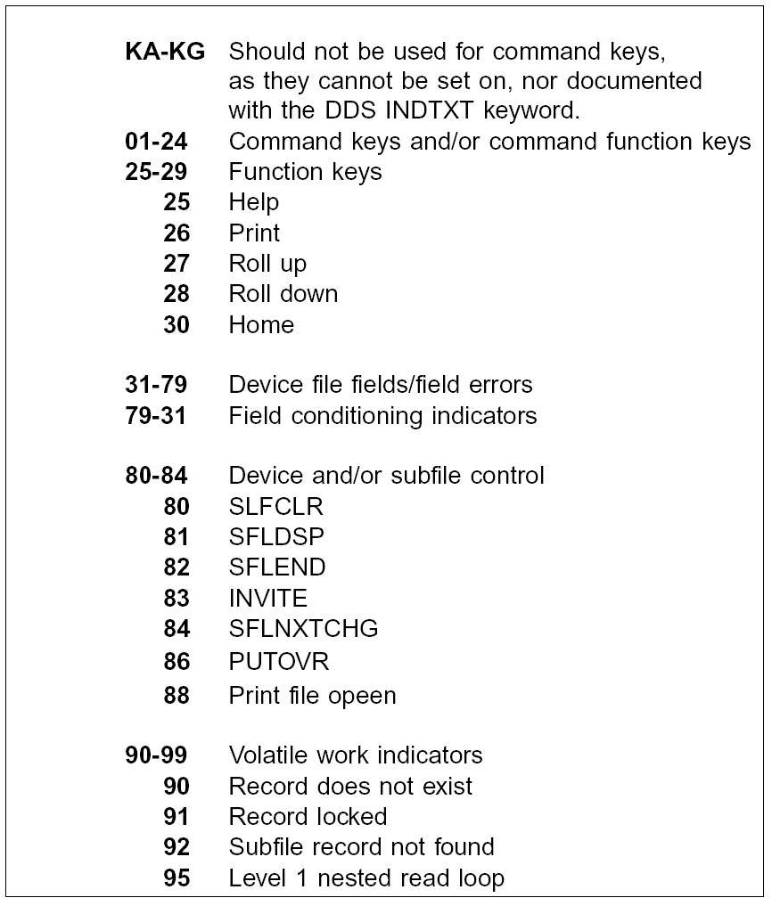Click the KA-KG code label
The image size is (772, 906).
pos(165,51)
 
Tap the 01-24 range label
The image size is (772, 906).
pos(156,142)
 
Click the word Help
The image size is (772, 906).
pos(254,202)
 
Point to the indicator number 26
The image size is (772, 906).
pos(177,233)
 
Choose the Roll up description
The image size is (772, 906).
pos(267,264)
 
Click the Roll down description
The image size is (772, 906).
pos(283,294)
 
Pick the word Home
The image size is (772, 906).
pos(261,324)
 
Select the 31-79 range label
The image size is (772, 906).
pos(156,385)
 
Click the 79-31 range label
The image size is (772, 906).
pos(156,415)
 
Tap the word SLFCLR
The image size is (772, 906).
pos(276,507)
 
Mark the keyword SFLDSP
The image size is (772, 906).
pos(276,537)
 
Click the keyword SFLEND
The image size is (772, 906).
pos(277,567)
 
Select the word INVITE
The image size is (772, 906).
pos(268,598)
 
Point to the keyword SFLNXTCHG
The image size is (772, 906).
pos(304,628)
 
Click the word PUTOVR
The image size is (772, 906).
pos(273,662)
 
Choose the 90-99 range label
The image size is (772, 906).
pos(156,755)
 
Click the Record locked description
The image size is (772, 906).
pos(308,817)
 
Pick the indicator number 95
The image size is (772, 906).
pos(177,877)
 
